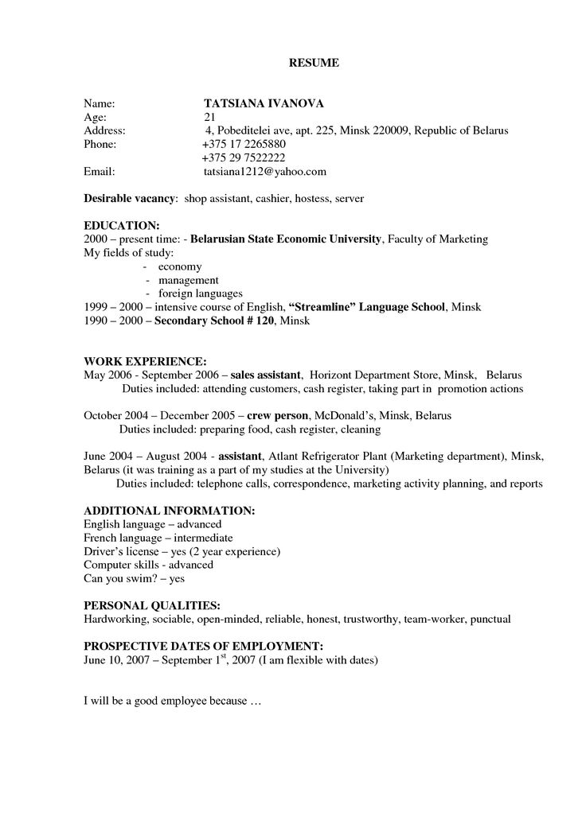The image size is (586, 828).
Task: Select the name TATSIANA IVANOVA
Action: tap(264, 103)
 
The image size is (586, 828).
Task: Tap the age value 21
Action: tap(210, 117)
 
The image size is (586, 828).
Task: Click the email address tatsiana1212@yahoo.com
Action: tap(265, 171)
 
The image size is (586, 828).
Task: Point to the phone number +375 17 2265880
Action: tap(244, 144)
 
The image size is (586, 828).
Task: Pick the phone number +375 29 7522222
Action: tap(244, 157)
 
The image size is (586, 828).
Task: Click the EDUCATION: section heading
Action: tap(122, 226)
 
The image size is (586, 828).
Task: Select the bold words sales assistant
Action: tap(266, 375)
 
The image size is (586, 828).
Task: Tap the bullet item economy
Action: tap(180, 266)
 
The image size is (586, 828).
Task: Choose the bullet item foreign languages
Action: tap(200, 293)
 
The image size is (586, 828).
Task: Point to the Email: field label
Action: tap(100, 171)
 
